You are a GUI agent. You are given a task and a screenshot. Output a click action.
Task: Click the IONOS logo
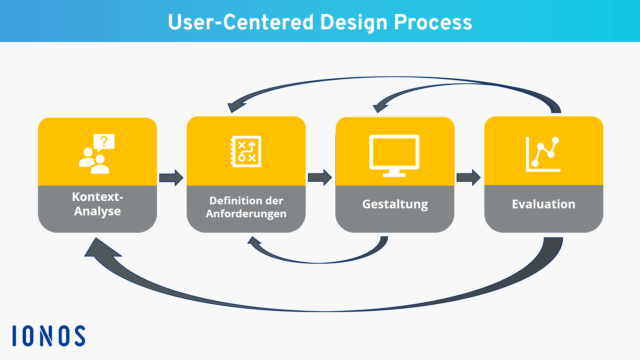(49, 336)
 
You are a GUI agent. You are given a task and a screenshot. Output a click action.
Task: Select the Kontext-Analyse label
(97, 204)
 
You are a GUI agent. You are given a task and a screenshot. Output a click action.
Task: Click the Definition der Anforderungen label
(246, 207)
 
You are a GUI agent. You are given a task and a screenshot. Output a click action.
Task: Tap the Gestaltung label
(395, 204)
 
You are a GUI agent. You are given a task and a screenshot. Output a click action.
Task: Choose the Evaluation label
(543, 204)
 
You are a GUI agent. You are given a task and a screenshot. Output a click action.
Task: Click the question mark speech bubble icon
(104, 142)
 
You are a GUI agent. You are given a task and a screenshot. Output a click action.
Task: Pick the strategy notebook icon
(246, 151)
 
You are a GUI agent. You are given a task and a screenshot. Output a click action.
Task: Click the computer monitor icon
(394, 155)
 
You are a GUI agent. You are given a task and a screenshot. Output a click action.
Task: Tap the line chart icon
(543, 154)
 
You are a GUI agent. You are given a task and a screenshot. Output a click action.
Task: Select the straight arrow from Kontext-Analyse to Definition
(171, 178)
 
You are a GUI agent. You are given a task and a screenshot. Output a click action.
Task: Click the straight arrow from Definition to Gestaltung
(320, 177)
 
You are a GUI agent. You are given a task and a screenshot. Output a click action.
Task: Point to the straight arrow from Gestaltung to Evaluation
(469, 177)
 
